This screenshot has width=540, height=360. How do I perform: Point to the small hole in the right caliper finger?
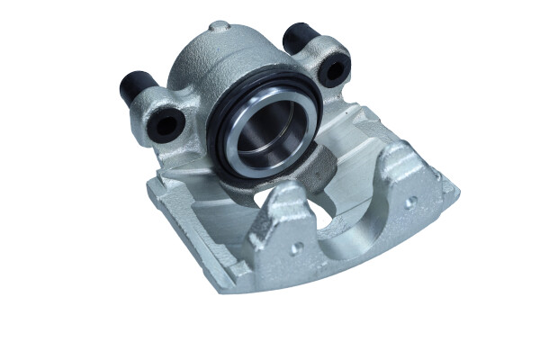pyautogui.click(x=409, y=203)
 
